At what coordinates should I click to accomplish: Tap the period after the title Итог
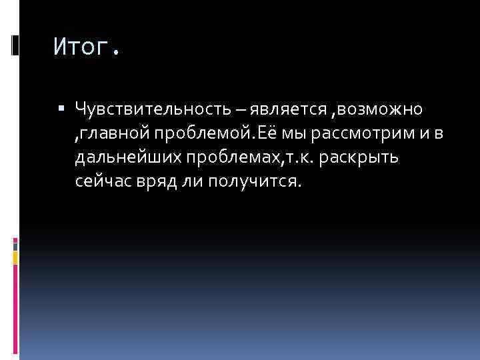[117, 52]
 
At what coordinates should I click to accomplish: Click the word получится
[254, 182]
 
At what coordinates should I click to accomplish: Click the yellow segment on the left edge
[16, 255]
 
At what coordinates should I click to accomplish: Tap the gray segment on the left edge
[16, 245]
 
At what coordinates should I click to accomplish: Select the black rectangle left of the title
[16, 45]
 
